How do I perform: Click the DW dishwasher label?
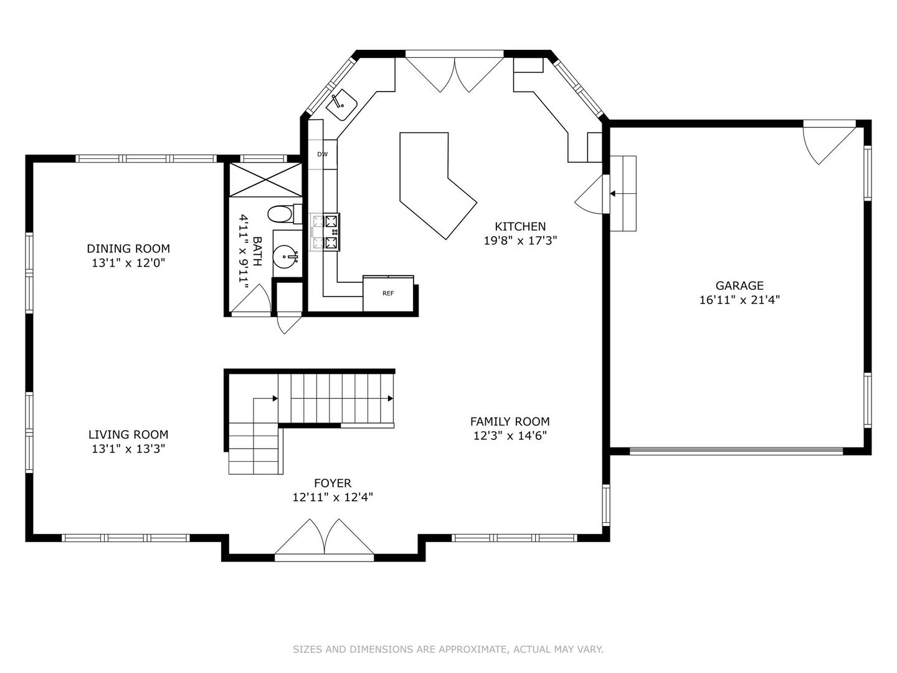point(322,155)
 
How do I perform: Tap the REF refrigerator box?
point(388,293)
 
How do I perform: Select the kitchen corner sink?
point(341,105)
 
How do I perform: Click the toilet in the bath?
point(282,214)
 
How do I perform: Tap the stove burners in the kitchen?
point(326,232)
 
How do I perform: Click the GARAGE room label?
point(739,286)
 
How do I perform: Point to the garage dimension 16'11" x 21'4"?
point(739,300)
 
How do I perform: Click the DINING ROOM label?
point(128,249)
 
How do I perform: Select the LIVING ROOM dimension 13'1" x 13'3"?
point(128,449)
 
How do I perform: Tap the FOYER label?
point(333,483)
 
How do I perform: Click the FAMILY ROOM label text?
point(510,422)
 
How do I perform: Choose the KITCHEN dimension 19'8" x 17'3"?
point(520,241)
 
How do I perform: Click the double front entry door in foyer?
point(325,538)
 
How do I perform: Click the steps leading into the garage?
point(622,193)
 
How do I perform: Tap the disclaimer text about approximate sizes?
point(448,649)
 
